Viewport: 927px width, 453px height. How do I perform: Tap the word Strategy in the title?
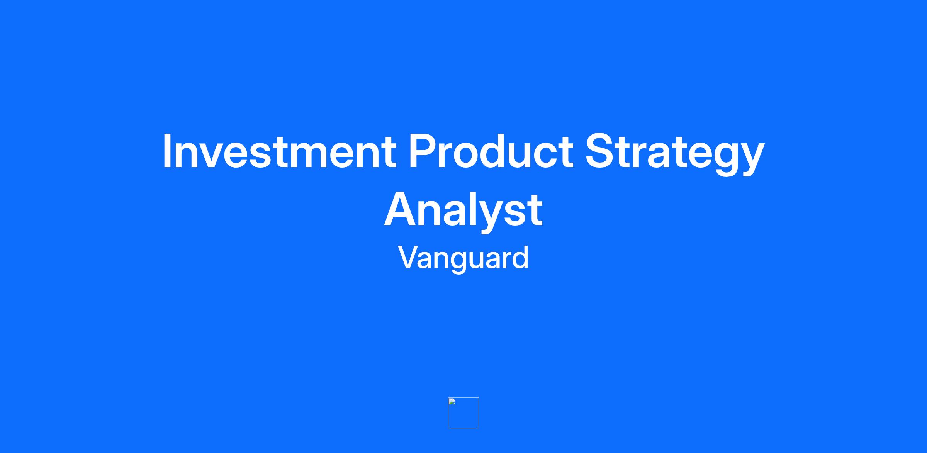[675, 154]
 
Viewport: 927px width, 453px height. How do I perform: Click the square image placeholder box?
[463, 413]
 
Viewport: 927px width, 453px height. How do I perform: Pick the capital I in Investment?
[167, 151]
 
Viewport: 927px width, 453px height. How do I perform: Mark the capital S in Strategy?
[601, 151]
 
